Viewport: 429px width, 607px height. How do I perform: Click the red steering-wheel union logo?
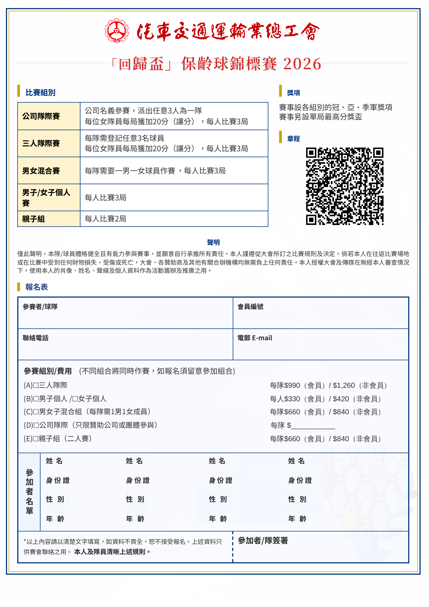(116, 30)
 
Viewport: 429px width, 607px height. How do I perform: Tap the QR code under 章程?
(345, 186)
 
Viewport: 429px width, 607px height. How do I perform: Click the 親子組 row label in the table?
(34, 219)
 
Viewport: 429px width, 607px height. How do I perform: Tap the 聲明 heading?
(213, 242)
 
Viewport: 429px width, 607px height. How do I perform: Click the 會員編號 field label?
(250, 307)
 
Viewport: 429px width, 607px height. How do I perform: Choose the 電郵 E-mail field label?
(255, 338)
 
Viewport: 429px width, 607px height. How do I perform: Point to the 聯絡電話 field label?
(36, 338)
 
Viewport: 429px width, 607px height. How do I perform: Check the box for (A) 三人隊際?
(36, 385)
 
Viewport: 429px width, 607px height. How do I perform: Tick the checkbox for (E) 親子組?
(36, 439)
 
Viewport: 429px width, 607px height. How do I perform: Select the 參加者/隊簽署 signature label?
(263, 541)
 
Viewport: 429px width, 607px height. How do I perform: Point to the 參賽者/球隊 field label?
(40, 307)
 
